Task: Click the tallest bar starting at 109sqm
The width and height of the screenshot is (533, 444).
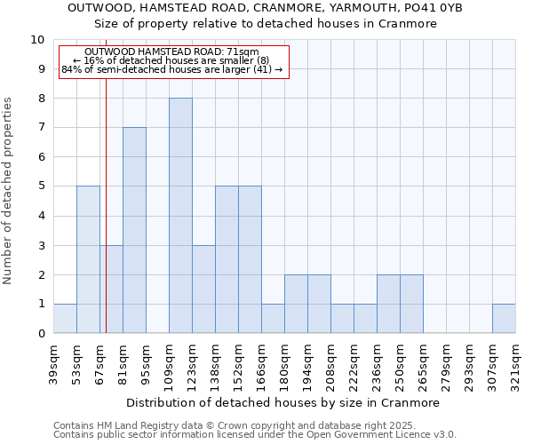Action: click(180, 216)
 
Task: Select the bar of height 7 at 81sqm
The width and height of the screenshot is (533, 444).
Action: click(134, 230)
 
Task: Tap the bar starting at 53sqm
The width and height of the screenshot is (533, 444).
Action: click(88, 259)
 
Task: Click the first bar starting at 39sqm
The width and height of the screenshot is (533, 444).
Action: click(65, 318)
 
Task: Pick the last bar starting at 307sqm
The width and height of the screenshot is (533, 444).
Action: click(504, 318)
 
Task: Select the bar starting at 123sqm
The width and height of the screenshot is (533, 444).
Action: click(203, 289)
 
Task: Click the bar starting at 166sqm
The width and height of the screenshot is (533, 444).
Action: click(273, 318)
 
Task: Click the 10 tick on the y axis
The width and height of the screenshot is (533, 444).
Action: click(37, 40)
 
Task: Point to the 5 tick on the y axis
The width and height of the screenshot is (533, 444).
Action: click(41, 186)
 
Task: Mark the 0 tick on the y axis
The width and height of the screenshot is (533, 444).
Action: click(41, 334)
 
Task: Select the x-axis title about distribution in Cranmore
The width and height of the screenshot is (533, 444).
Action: click(282, 403)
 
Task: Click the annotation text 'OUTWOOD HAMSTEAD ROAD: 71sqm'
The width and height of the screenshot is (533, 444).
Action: click(171, 52)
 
